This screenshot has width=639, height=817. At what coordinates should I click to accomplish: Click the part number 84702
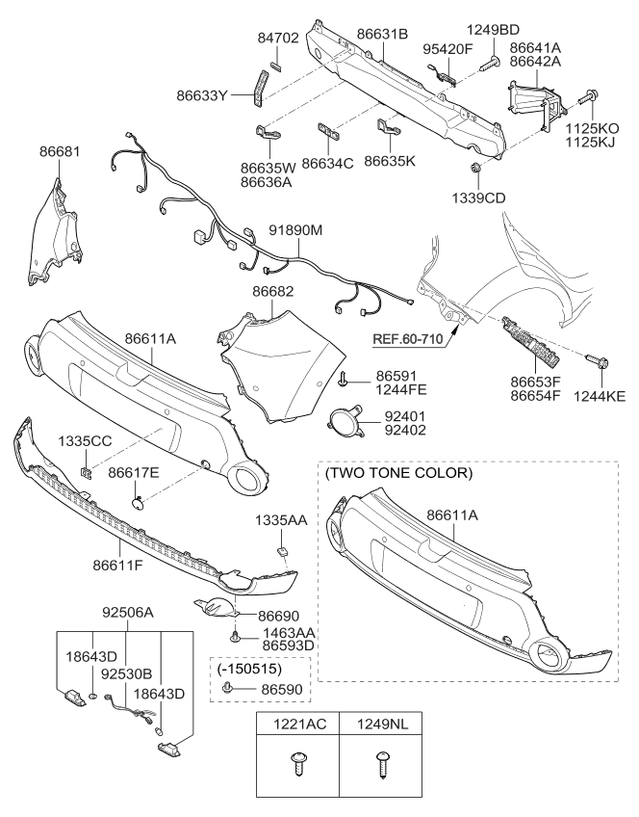tap(277, 40)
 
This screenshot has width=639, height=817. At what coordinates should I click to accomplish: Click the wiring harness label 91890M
tap(295, 231)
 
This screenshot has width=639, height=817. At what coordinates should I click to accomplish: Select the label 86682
tap(273, 291)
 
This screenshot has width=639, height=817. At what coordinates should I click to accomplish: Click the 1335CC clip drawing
tap(86, 471)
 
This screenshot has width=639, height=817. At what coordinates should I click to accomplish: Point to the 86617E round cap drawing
tap(139, 501)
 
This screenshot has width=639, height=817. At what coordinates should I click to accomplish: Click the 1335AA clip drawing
tap(285, 550)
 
